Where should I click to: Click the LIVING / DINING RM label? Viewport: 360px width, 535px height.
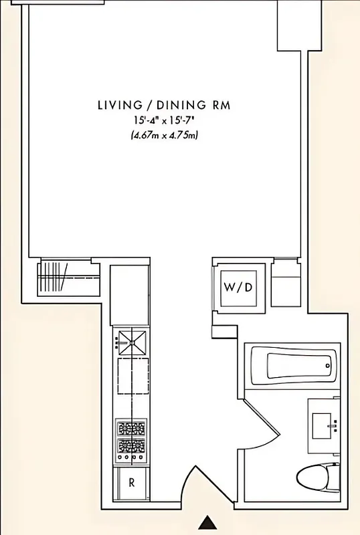[x=165, y=105]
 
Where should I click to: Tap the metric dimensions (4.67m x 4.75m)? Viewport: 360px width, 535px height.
[x=165, y=134]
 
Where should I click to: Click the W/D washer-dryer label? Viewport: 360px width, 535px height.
[x=238, y=288]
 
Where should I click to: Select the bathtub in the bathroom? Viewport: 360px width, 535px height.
[x=297, y=365]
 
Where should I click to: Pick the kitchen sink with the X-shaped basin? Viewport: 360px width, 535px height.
[x=131, y=342]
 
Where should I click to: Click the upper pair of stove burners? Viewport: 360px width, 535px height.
[x=131, y=428]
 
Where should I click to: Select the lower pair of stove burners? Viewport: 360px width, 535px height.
[x=131, y=446]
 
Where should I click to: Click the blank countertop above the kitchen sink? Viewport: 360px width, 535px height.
[x=130, y=295]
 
